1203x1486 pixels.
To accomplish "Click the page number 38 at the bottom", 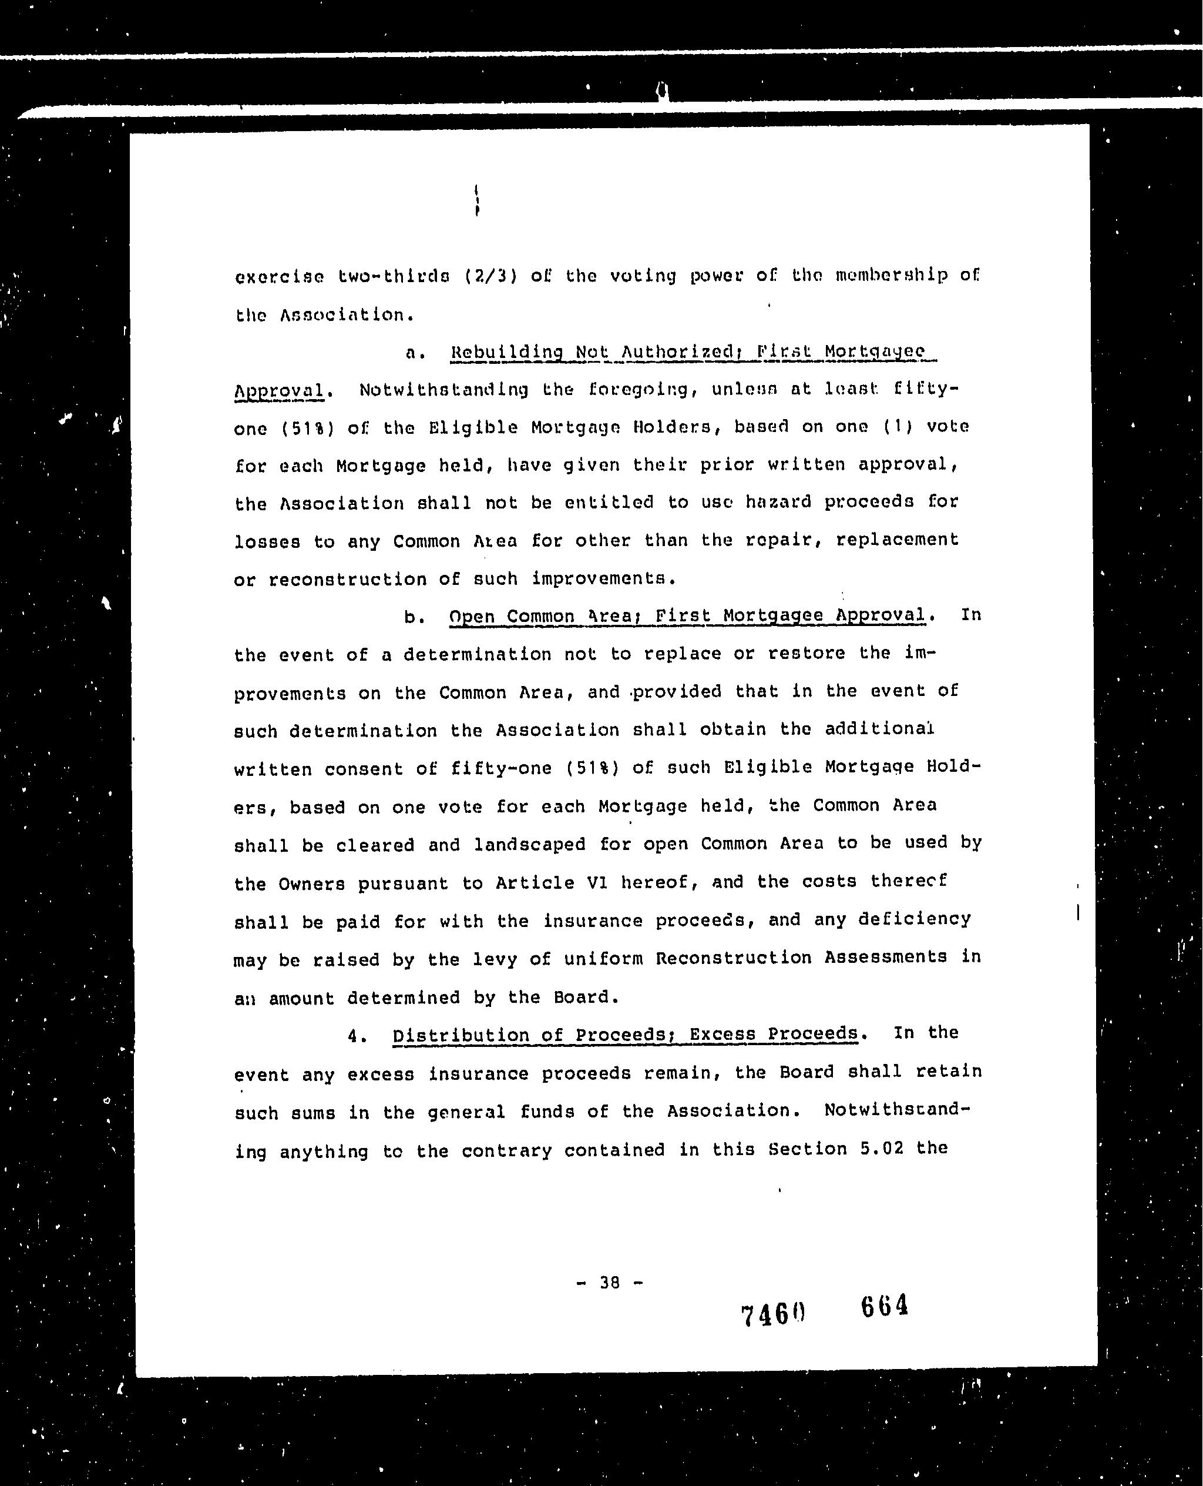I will [609, 1282].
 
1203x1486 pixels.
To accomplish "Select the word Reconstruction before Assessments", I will [733, 958].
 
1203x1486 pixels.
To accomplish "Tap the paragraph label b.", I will [414, 617].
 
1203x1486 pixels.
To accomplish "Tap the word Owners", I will [312, 884].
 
